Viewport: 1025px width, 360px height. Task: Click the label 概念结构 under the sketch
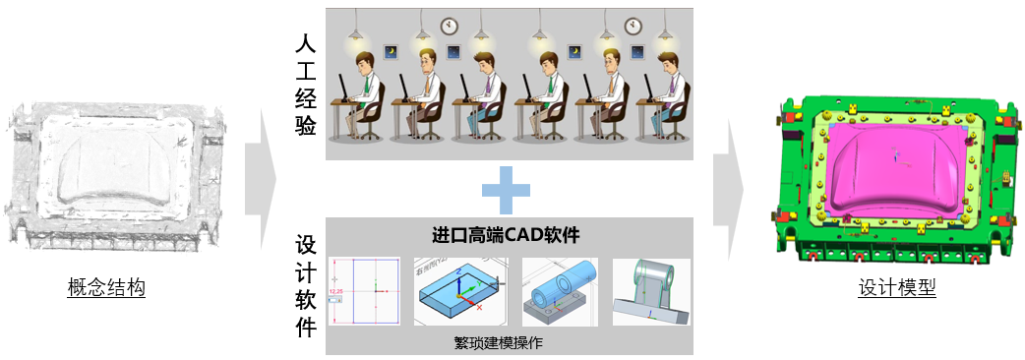[106, 288]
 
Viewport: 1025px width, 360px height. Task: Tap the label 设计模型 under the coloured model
[896, 288]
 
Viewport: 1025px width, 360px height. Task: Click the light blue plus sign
[505, 189]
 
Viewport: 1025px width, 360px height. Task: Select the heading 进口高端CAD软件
[506, 236]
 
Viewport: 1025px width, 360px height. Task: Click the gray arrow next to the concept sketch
[261, 178]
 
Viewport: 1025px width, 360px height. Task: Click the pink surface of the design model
[890, 162]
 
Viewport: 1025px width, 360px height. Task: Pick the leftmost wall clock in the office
[449, 23]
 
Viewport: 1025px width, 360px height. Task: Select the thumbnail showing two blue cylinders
[560, 292]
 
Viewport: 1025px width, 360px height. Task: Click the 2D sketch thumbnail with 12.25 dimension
[364, 292]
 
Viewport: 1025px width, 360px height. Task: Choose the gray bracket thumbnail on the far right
[650, 292]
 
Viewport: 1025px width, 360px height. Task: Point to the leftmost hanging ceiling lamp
[355, 36]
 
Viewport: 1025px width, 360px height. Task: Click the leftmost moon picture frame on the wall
[391, 51]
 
